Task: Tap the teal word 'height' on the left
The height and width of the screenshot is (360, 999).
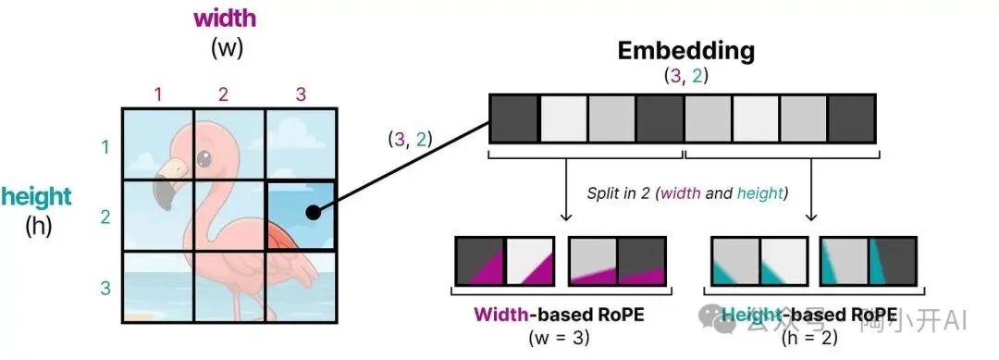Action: click(37, 196)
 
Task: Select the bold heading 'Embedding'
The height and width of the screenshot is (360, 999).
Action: click(686, 50)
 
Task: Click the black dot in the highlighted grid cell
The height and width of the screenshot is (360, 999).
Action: click(314, 213)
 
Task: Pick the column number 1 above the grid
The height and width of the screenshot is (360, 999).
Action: click(158, 93)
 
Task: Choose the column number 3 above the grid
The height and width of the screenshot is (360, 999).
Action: click(300, 93)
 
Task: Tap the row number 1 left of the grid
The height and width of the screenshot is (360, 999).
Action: click(105, 146)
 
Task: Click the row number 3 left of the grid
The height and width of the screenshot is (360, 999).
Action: click(105, 288)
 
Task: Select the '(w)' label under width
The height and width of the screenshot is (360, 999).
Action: click(227, 48)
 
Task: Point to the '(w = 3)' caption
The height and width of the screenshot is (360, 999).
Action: click(560, 337)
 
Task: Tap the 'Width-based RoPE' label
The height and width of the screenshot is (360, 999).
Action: click(559, 314)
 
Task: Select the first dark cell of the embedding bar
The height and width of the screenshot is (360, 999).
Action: click(513, 121)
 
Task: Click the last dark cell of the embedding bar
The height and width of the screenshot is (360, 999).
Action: click(852, 121)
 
